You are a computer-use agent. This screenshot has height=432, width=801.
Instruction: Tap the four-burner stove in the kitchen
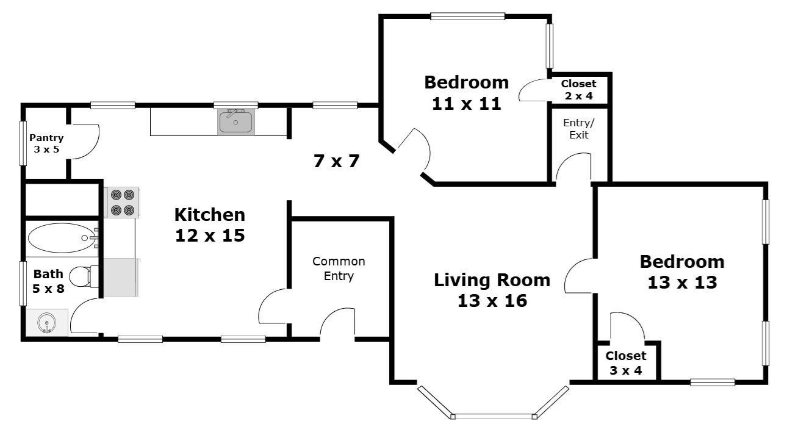pyautogui.click(x=122, y=202)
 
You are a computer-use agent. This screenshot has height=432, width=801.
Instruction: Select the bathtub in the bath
pyautogui.click(x=62, y=238)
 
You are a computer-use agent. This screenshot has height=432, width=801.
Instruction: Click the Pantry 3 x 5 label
pyautogui.click(x=46, y=143)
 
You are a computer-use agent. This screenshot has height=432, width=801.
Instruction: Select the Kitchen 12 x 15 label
pyautogui.click(x=209, y=225)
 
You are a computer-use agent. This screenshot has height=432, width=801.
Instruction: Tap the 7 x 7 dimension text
pyautogui.click(x=336, y=162)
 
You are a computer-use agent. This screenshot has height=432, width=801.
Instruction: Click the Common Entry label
pyautogui.click(x=339, y=268)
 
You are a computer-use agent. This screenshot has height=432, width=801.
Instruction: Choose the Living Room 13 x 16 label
pyautogui.click(x=492, y=290)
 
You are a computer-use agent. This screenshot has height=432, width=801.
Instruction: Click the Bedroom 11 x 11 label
pyautogui.click(x=466, y=92)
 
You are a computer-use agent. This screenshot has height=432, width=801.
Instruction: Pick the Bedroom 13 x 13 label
pyautogui.click(x=681, y=272)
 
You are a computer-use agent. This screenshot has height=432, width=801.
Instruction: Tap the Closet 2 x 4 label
pyautogui.click(x=578, y=90)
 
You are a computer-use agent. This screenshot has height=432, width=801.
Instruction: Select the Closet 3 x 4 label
pyautogui.click(x=625, y=362)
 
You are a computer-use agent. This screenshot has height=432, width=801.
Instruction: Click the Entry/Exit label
pyautogui.click(x=578, y=129)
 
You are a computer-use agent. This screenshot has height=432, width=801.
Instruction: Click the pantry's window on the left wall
pyautogui.click(x=23, y=143)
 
